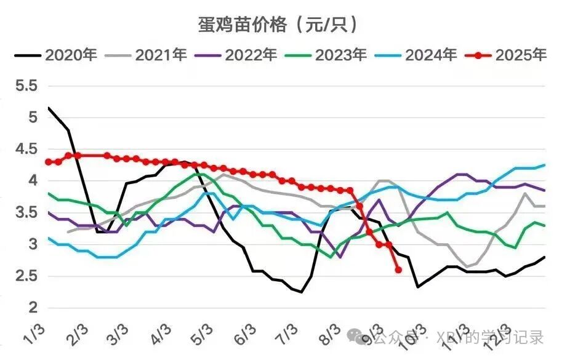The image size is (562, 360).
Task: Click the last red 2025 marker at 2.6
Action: [x=398, y=270]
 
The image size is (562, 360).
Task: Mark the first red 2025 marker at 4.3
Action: [x=49, y=162]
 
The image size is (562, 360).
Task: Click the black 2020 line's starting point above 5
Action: [x=49, y=108]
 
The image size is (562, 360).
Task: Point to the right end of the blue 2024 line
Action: [x=545, y=165]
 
